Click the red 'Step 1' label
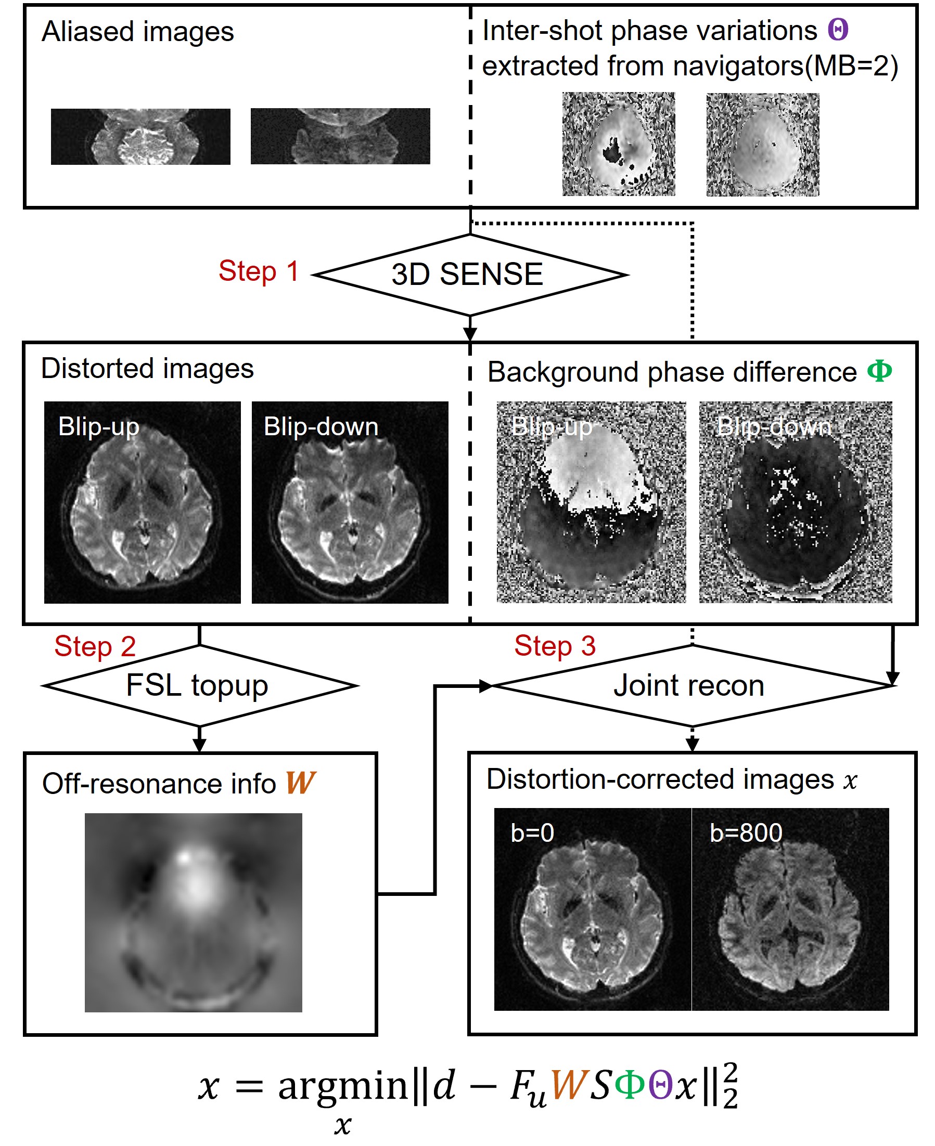[x=258, y=271]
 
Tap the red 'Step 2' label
[x=95, y=646]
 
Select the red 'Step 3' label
[x=555, y=645]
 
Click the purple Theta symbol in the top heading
[x=838, y=30]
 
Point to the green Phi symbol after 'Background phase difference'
[x=879, y=371]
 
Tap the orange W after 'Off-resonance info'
[x=301, y=783]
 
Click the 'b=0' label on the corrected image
[x=532, y=832]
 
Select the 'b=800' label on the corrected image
[x=746, y=832]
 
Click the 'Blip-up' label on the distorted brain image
[x=98, y=426]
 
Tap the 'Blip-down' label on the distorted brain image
[x=321, y=426]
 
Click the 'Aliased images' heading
[x=138, y=31]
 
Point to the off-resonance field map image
[x=194, y=913]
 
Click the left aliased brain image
[x=140, y=137]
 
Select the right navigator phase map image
[x=763, y=144]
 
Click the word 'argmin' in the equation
[x=343, y=1086]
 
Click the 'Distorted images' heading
[x=148, y=369]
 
